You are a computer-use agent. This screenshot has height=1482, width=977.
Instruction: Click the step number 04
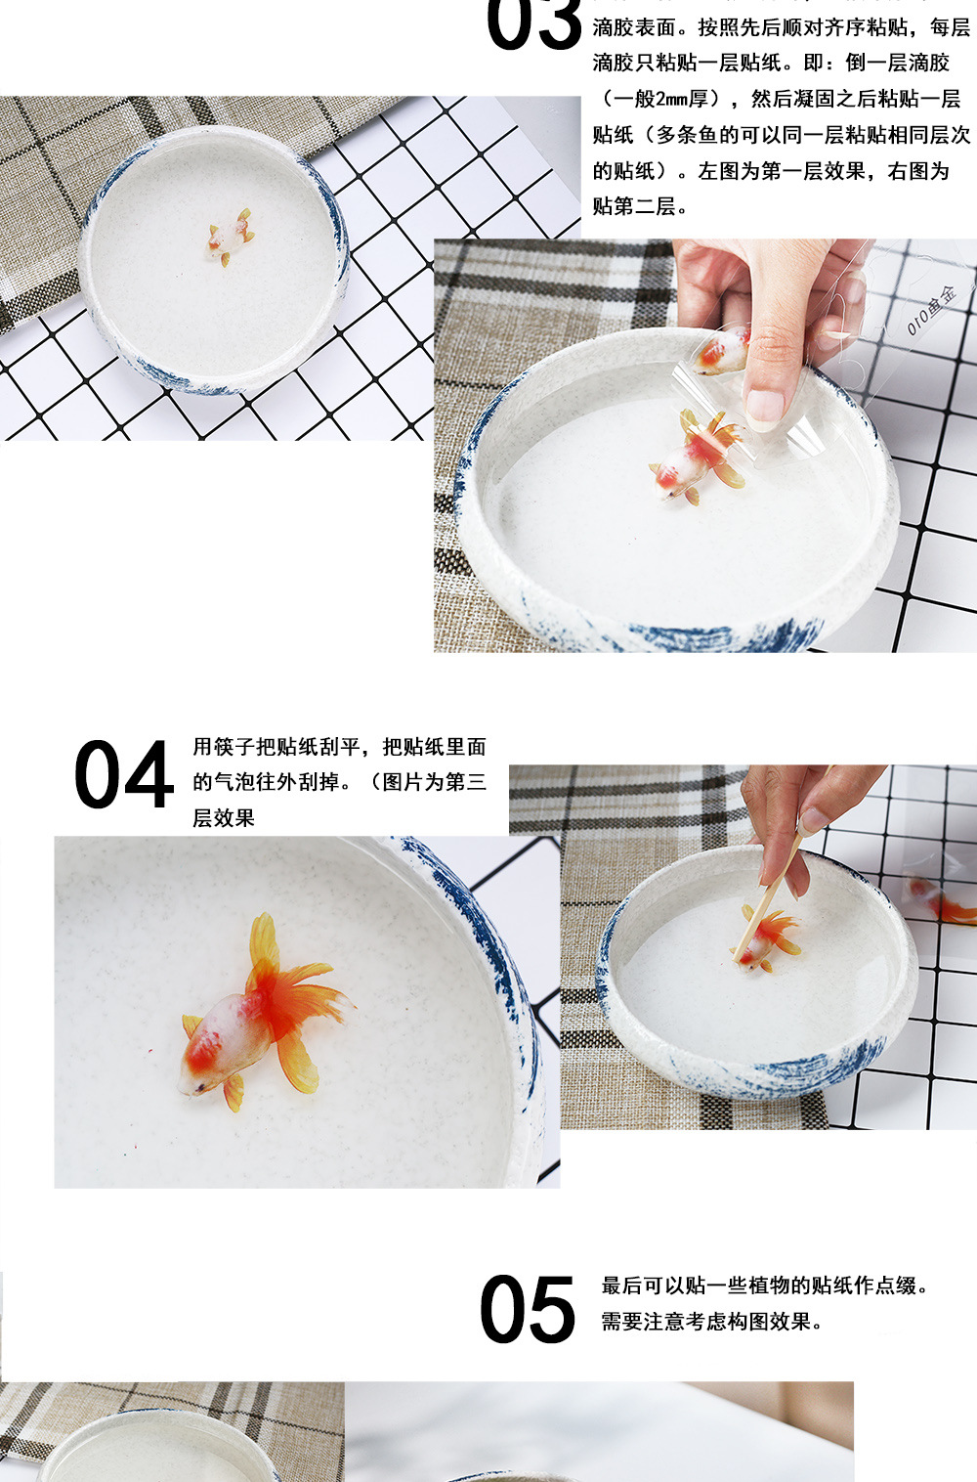pyautogui.click(x=123, y=775)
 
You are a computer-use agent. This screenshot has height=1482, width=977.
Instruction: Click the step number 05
pyautogui.click(x=528, y=1310)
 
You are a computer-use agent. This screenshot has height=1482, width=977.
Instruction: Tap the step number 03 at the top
pyautogui.click(x=534, y=24)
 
